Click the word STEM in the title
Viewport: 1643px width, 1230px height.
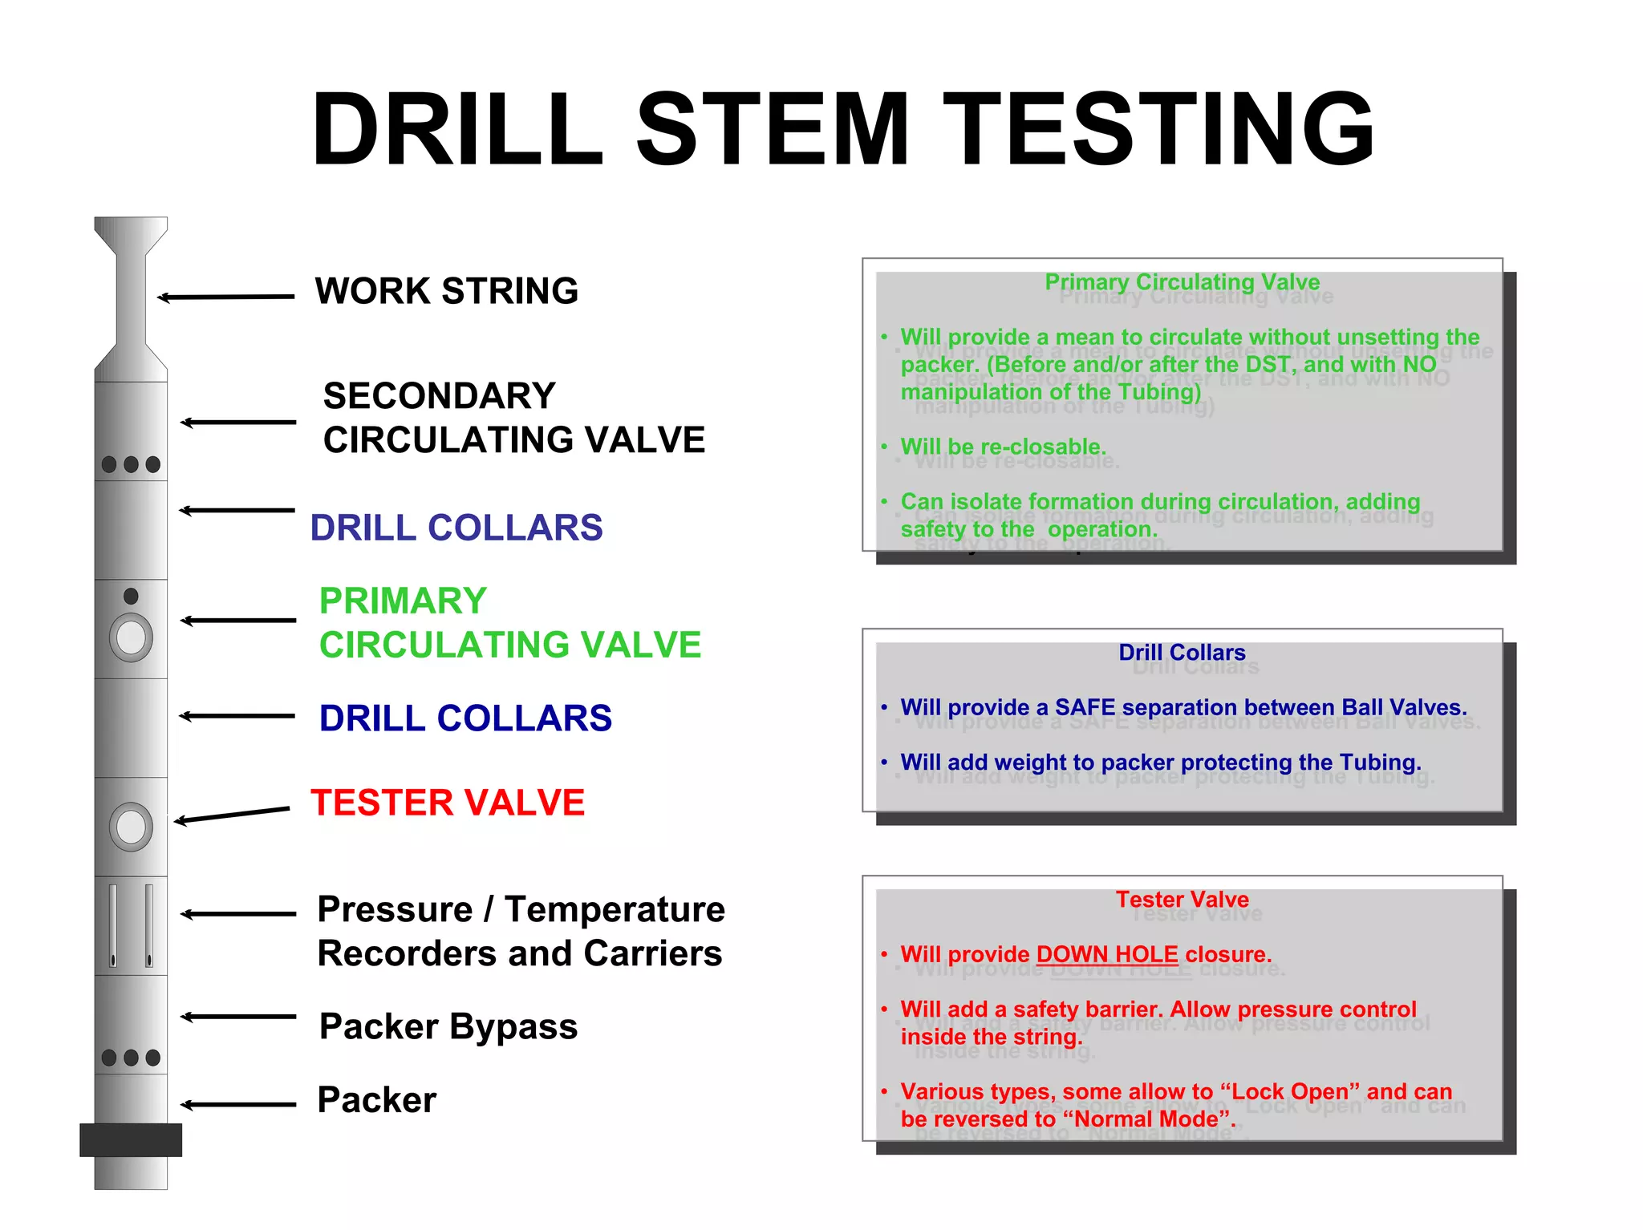pyautogui.click(x=773, y=130)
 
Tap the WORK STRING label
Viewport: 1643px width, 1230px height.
pyautogui.click(x=446, y=291)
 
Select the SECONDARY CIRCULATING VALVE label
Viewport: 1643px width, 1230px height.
pyautogui.click(x=513, y=418)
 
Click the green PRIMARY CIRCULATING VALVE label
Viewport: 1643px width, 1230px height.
pyautogui.click(x=509, y=623)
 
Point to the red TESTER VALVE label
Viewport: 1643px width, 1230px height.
pyautogui.click(x=448, y=803)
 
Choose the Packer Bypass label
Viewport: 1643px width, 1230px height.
pyautogui.click(x=448, y=1026)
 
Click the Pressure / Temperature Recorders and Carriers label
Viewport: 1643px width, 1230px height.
pyautogui.click(x=521, y=931)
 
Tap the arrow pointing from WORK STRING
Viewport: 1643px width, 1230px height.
pyautogui.click(x=226, y=297)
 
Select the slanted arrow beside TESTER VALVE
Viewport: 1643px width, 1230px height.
pyautogui.click(x=232, y=815)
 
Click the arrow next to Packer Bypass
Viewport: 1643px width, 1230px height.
pyautogui.click(x=238, y=1017)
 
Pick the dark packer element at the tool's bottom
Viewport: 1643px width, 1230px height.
pyautogui.click(x=131, y=1139)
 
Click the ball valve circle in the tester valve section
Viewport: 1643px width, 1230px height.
pyautogui.click(x=131, y=827)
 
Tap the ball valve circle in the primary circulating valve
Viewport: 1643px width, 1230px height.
pyautogui.click(x=131, y=638)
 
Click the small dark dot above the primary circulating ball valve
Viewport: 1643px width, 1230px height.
pyautogui.click(x=131, y=596)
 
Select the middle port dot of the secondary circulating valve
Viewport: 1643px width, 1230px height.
pyautogui.click(x=131, y=464)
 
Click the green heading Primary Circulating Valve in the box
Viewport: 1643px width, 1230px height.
pyautogui.click(x=1182, y=282)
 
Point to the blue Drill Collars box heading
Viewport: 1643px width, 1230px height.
pyautogui.click(x=1182, y=653)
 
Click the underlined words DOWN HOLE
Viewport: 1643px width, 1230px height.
pyautogui.click(x=1107, y=954)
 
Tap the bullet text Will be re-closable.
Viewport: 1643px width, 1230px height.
pyautogui.click(x=1003, y=447)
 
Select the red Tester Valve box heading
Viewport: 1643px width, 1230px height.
pyautogui.click(x=1182, y=900)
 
